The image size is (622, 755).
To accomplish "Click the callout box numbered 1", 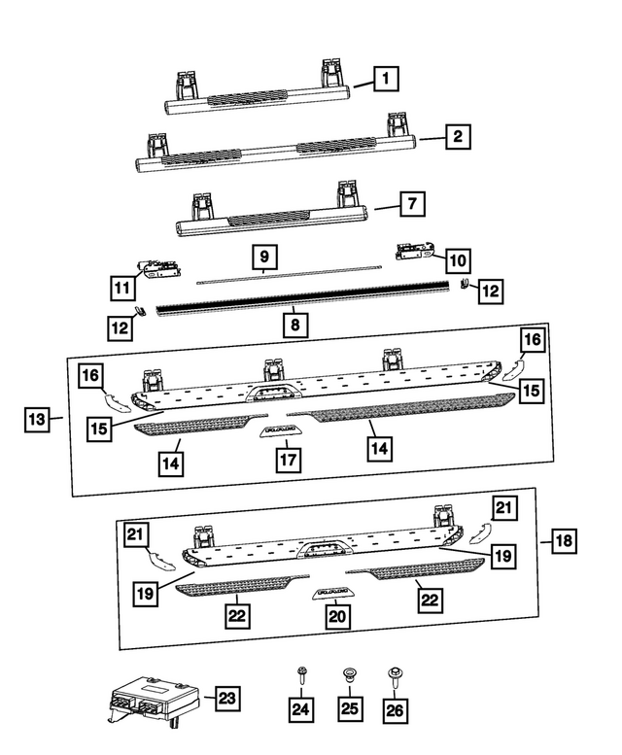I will click(388, 77).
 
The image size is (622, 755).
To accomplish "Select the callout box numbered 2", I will click(455, 137).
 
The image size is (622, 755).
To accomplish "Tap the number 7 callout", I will click(411, 204).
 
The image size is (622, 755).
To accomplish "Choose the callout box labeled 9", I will click(264, 257).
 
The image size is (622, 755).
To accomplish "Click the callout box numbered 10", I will click(457, 259).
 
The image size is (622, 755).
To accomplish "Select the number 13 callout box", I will click(37, 420).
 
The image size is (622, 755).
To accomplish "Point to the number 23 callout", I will click(225, 698).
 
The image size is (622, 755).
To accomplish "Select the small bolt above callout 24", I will click(301, 671).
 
